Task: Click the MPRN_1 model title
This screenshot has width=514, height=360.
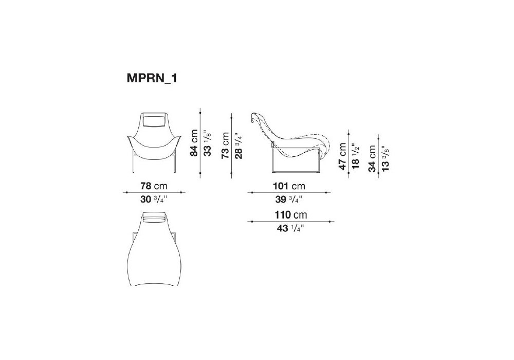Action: pyautogui.click(x=152, y=79)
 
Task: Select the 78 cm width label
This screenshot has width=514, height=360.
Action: pyautogui.click(x=154, y=186)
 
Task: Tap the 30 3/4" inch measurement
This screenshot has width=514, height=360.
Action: pyautogui.click(x=154, y=199)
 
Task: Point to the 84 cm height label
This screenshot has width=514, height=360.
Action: pyautogui.click(x=194, y=142)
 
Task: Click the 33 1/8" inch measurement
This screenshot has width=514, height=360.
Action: pyautogui.click(x=207, y=143)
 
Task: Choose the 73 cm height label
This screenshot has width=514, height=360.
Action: pyautogui.click(x=225, y=146)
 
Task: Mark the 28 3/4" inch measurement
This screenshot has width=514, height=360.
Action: pyautogui.click(x=238, y=146)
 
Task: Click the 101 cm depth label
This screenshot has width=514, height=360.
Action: pyautogui.click(x=289, y=186)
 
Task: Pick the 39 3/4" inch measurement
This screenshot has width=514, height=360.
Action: pyautogui.click(x=289, y=199)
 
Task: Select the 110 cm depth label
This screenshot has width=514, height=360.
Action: pyautogui.click(x=291, y=215)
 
